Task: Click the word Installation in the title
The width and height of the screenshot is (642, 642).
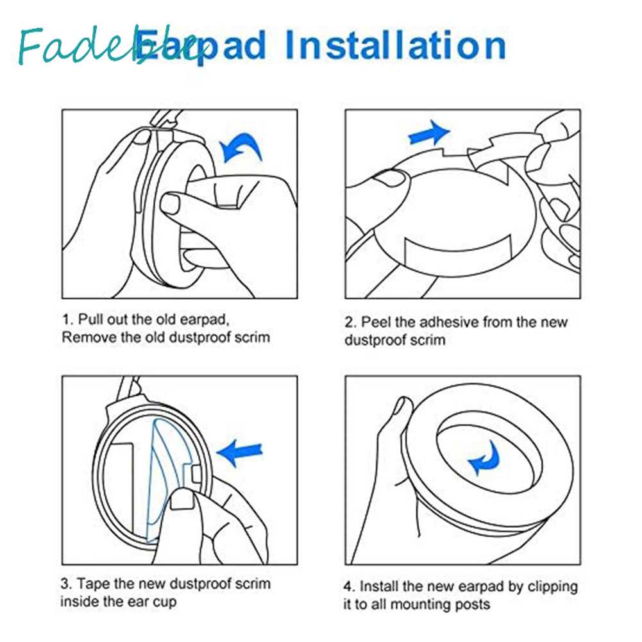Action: pos(395,45)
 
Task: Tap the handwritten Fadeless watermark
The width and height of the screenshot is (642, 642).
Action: pos(110,46)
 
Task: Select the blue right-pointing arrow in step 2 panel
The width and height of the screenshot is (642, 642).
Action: pos(429,133)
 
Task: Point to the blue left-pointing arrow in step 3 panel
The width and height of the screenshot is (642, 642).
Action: pos(239,452)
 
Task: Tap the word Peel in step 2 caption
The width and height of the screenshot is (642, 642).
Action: pos(376,322)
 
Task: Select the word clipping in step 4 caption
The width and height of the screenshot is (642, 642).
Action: pos(552,587)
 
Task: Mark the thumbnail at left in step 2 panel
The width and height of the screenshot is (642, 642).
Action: pos(388,178)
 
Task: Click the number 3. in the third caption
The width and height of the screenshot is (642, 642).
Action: pos(67,584)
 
